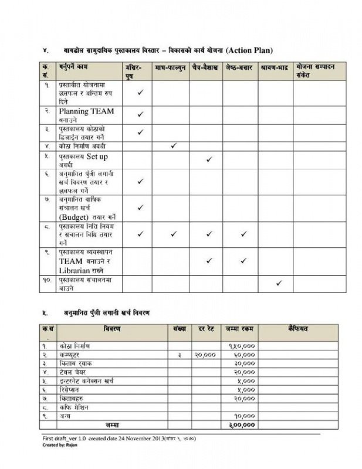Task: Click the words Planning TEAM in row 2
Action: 86,111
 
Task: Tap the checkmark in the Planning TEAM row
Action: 140,114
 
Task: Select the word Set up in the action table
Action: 97,157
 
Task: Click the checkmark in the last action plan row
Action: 279,283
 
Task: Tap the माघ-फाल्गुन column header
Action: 171,67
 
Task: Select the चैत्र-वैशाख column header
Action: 205,67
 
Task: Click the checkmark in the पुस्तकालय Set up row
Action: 209,159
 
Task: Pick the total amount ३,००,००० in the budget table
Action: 241,424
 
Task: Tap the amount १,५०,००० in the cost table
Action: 241,346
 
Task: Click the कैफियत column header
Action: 299,329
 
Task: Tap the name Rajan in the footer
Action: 70,444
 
